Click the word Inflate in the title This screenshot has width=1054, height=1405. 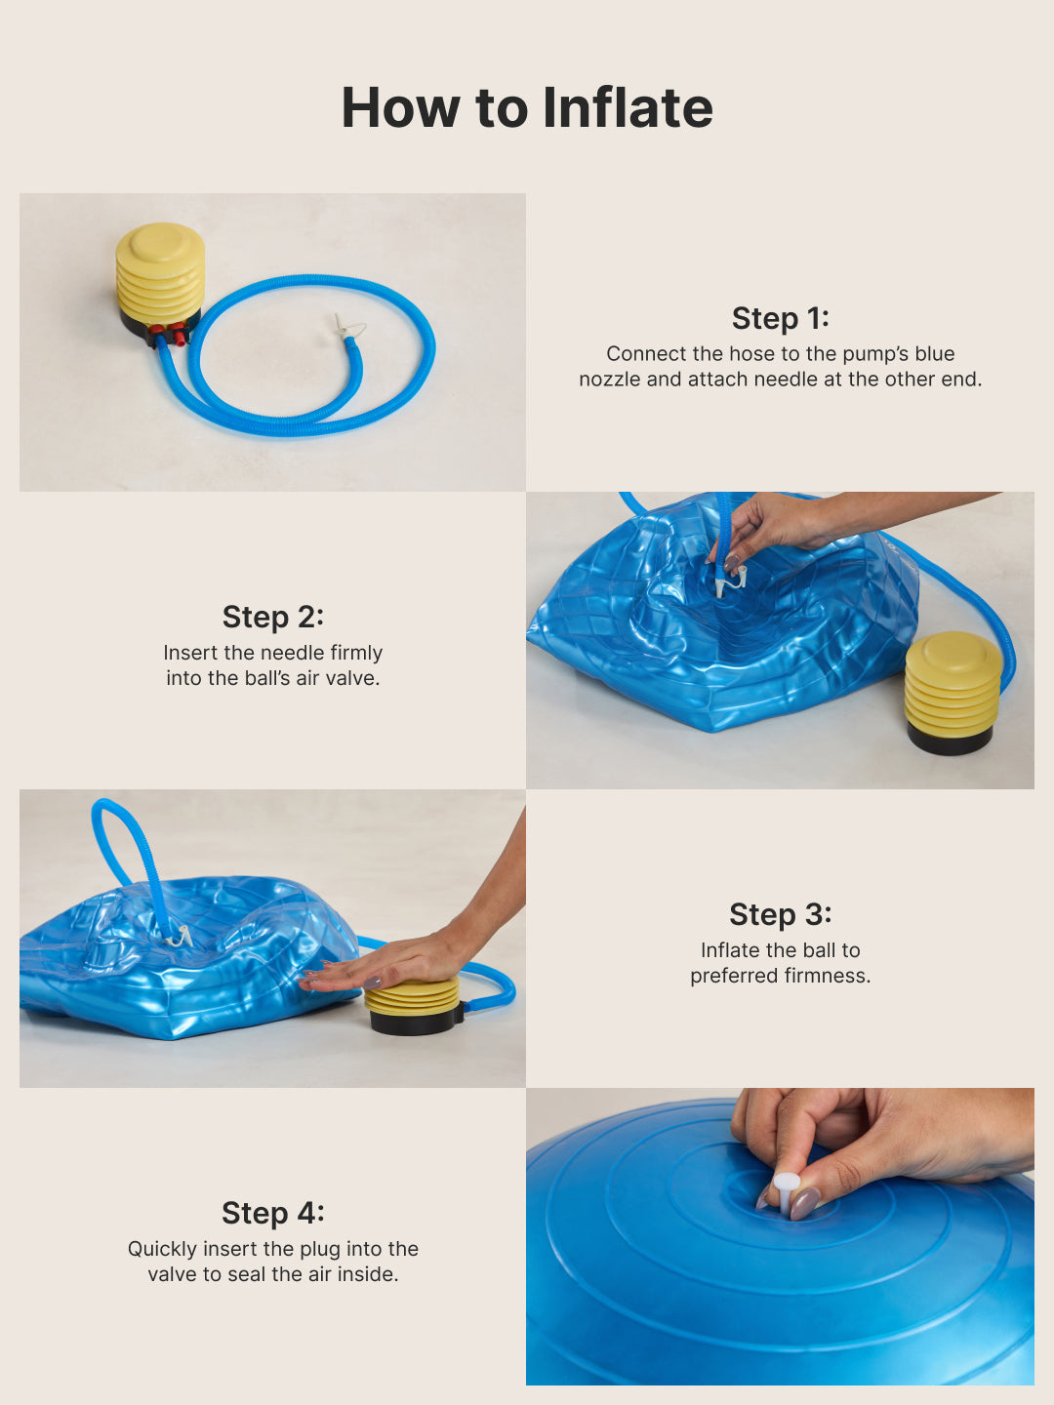(x=628, y=107)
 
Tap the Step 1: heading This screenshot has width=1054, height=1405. (x=780, y=318)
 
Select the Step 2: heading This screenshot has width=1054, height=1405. (x=272, y=617)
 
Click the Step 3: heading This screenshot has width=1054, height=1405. (x=780, y=914)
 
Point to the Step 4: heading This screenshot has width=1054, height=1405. (x=272, y=1213)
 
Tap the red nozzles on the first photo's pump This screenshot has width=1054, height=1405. (x=169, y=335)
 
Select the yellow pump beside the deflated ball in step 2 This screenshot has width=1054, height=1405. (x=953, y=683)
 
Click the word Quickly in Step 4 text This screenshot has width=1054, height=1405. (x=161, y=1249)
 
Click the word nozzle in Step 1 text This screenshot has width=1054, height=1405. (x=609, y=380)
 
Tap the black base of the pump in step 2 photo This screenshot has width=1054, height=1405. (x=949, y=739)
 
